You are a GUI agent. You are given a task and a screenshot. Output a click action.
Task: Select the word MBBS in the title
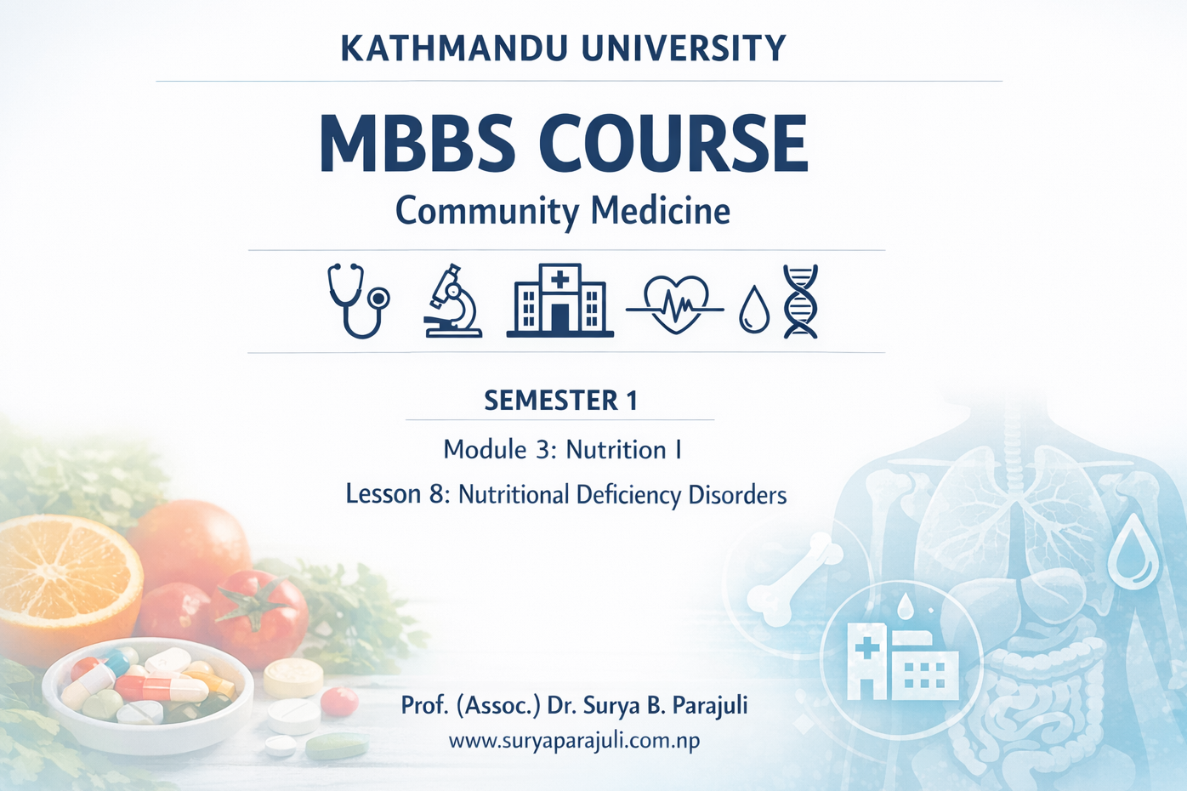tap(417, 144)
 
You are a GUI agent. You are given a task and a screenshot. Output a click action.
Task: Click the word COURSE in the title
tap(673, 144)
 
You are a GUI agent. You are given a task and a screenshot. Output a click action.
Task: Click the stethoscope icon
tap(357, 300)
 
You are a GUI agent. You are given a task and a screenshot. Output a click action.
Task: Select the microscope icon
tap(452, 302)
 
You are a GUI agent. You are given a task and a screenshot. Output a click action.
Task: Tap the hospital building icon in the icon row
tap(559, 300)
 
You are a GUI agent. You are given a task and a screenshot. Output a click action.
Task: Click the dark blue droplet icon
tap(753, 310)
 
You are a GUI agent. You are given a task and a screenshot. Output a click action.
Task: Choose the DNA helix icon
tap(800, 301)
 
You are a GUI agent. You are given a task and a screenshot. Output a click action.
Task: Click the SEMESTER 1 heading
tap(560, 401)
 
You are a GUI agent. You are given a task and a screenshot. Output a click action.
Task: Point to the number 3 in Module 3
tap(542, 450)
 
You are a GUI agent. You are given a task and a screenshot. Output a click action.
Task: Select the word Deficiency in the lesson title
tap(628, 495)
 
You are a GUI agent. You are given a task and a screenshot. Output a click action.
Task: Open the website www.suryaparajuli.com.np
tap(574, 741)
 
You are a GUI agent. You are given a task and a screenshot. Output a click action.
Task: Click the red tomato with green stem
tap(259, 617)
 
